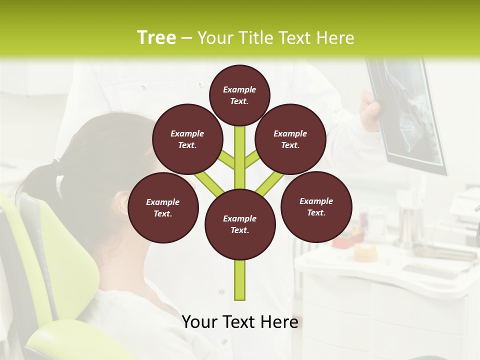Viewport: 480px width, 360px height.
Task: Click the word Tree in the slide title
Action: click(x=156, y=38)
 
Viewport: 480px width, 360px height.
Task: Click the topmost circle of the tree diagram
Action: click(x=239, y=95)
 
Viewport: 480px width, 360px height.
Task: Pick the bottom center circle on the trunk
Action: click(x=240, y=224)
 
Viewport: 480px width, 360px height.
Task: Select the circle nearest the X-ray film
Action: click(x=290, y=139)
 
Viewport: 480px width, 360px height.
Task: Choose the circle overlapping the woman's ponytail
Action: click(x=187, y=139)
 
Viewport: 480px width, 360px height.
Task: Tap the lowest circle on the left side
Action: click(x=163, y=207)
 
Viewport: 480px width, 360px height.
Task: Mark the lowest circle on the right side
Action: click(x=316, y=206)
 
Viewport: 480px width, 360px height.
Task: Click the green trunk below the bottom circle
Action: click(x=240, y=280)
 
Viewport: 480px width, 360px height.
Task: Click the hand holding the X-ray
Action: click(x=370, y=112)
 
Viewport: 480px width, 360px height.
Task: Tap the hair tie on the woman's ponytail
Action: click(x=55, y=162)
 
